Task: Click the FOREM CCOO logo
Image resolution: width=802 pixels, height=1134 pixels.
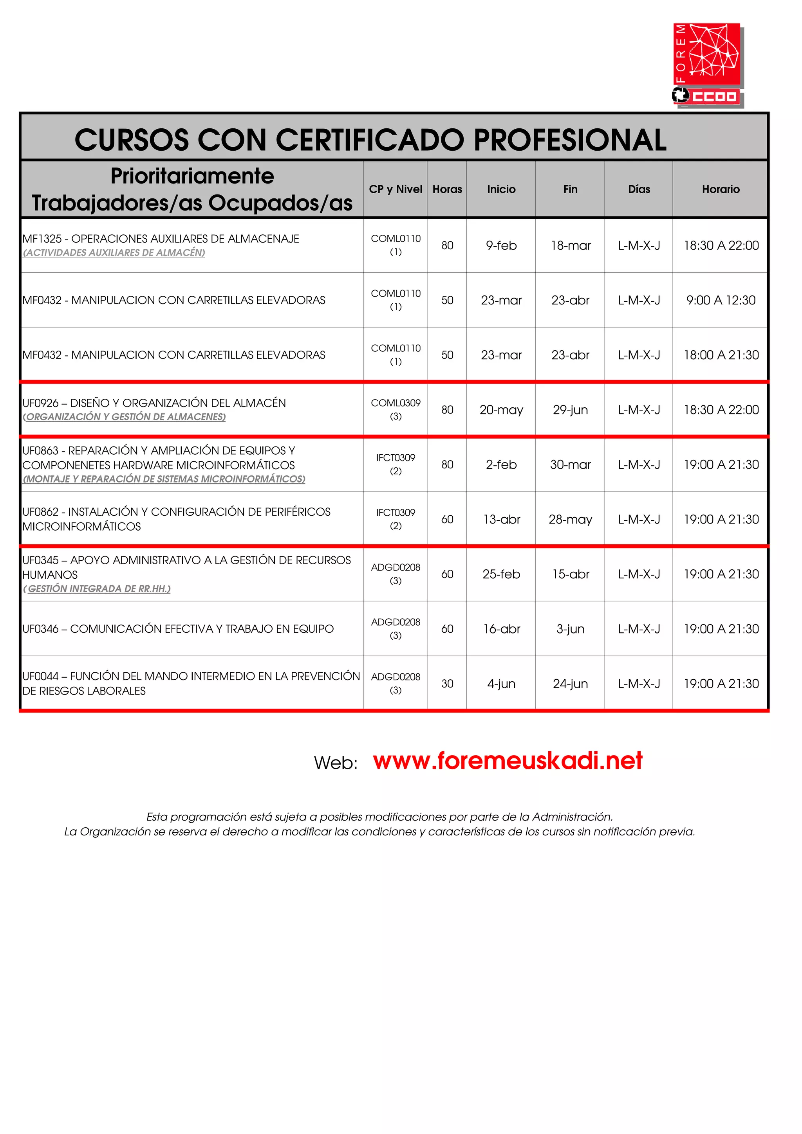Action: [x=708, y=64]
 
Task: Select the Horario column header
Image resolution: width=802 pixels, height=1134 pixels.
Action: [x=721, y=189]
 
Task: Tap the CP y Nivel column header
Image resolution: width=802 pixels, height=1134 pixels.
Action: [x=395, y=189]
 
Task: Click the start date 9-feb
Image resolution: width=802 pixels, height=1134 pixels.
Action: [x=501, y=245]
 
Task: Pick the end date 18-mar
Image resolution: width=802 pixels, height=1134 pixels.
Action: [x=570, y=245]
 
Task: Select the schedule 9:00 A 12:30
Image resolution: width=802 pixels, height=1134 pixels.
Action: [x=721, y=300]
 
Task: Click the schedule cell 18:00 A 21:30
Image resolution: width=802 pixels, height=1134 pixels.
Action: [x=721, y=355]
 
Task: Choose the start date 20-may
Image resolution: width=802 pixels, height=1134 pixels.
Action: [x=501, y=410]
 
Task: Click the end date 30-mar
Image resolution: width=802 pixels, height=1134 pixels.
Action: [x=570, y=465]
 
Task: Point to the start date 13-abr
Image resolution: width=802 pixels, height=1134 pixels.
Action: [x=501, y=520]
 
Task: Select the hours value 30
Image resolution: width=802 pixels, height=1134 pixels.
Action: [x=447, y=684]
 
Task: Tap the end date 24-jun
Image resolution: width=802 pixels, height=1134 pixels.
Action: [x=570, y=684]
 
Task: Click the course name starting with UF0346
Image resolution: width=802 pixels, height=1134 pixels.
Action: [x=178, y=629]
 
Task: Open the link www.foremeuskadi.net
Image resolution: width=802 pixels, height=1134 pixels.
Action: [x=508, y=761]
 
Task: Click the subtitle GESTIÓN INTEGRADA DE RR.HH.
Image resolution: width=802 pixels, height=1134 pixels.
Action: [x=98, y=589]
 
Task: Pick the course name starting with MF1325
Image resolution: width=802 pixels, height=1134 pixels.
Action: [x=161, y=239]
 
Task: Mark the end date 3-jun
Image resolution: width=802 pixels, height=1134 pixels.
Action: [x=570, y=629]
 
